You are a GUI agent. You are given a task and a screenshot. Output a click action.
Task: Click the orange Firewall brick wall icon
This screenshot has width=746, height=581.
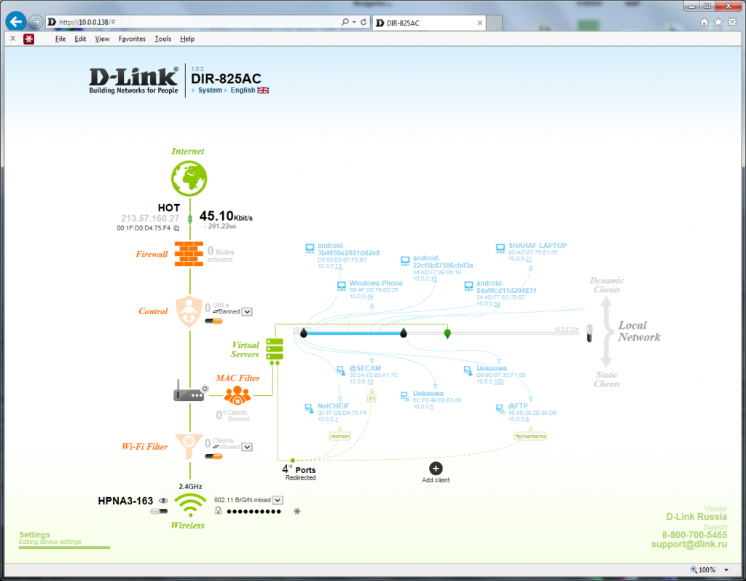189,254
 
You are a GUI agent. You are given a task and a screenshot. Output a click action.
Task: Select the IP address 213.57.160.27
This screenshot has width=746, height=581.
150,218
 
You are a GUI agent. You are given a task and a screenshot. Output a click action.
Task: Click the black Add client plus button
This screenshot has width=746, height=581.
436,468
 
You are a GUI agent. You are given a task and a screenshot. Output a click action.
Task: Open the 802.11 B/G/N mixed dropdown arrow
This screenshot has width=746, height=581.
278,500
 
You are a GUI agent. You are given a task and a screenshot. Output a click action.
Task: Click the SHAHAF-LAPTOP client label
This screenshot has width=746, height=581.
537,246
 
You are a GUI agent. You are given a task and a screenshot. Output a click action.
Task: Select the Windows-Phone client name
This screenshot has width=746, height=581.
376,283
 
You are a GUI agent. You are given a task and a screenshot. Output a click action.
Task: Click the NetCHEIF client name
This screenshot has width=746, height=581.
334,406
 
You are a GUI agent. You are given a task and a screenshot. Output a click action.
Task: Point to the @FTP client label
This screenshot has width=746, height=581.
518,405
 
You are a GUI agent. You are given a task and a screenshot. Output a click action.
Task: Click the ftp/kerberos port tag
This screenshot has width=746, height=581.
530,436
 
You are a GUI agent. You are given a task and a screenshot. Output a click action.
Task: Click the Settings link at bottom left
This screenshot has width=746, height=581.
34,535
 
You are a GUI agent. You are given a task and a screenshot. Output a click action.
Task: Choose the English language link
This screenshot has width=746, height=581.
243,90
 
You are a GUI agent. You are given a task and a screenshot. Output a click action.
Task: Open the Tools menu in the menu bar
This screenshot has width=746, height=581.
162,39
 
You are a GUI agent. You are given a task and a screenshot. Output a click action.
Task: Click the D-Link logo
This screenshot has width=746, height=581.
133,79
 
